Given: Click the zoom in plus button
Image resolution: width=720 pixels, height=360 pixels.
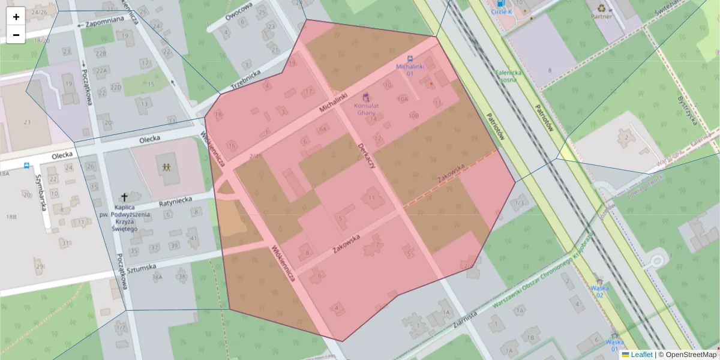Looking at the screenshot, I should [x=16, y=17].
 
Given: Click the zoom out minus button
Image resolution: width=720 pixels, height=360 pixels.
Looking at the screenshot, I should [x=16, y=35].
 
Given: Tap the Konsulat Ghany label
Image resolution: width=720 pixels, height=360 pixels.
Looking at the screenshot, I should [x=366, y=109].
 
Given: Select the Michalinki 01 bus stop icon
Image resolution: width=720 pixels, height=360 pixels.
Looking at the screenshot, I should [x=410, y=59].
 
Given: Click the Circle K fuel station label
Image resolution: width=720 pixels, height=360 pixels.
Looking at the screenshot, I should [x=502, y=11].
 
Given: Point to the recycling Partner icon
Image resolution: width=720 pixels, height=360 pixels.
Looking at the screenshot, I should [x=601, y=8].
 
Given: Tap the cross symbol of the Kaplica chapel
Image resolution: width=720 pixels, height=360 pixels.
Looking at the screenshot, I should [x=124, y=197].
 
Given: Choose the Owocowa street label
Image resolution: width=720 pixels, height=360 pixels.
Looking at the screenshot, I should [x=238, y=11].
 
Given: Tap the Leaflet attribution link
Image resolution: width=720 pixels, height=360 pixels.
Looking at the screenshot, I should [x=641, y=355].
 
